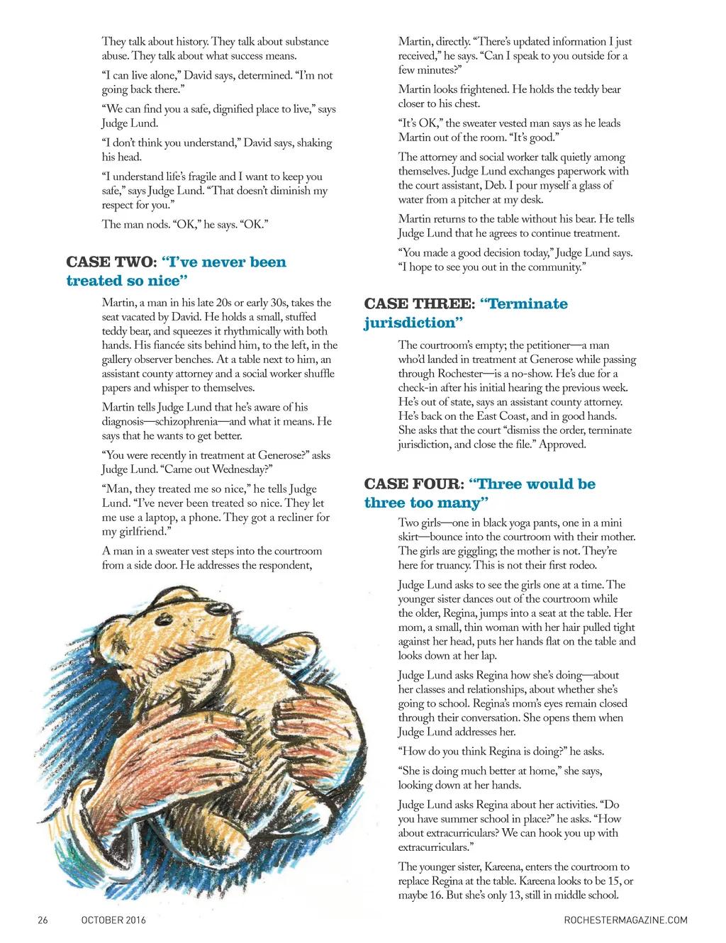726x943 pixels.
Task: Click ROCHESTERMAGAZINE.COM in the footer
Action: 621,920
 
